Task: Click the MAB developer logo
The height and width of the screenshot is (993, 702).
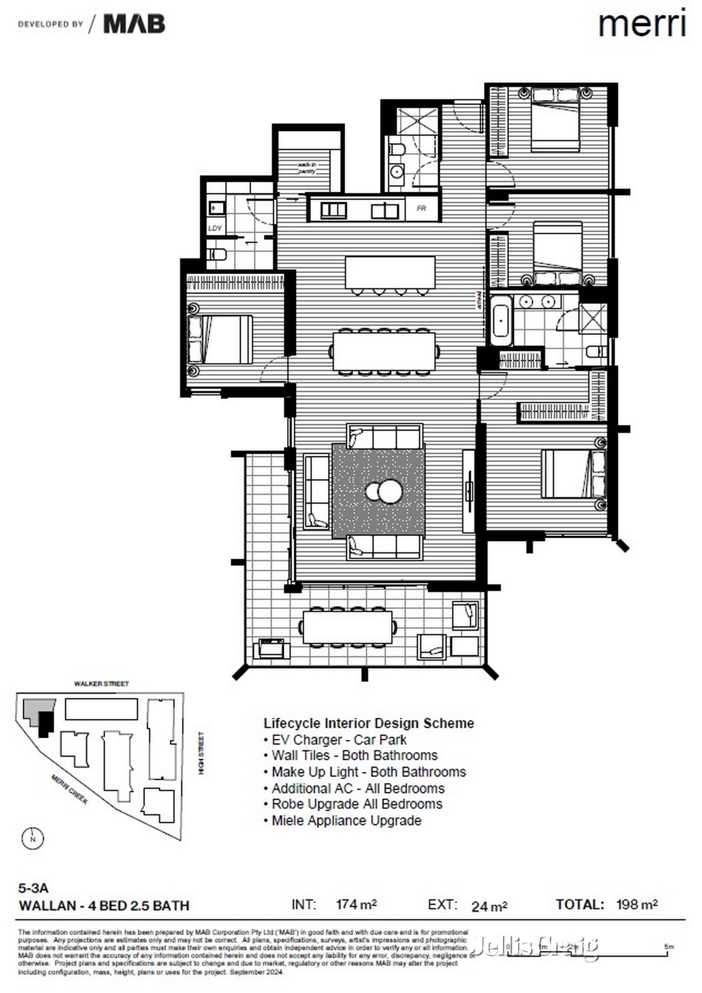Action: click(134, 24)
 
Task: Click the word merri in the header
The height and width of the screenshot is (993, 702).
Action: click(641, 25)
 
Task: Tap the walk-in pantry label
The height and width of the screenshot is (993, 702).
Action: click(307, 168)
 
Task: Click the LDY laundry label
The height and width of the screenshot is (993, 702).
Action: click(215, 228)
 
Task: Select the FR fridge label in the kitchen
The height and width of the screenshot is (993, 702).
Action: click(421, 209)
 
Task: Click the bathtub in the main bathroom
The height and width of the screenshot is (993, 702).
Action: click(501, 321)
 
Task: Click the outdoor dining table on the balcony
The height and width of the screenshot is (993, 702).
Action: click(347, 627)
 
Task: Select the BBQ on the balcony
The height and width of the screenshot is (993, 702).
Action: click(271, 649)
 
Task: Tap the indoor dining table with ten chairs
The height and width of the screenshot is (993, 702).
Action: click(384, 351)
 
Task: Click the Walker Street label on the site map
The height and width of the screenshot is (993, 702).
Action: click(101, 683)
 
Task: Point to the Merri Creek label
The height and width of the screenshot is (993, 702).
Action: click(70, 788)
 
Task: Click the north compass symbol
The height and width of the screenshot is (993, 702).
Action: click(33, 839)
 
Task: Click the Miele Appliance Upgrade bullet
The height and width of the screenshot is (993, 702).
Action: click(346, 821)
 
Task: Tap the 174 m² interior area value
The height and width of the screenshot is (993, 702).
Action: click(356, 905)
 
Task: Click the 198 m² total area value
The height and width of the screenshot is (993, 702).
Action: click(636, 905)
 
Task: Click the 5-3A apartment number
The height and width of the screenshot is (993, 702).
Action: click(33, 889)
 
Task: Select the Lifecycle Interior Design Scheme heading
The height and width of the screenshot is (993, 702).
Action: click(369, 723)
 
